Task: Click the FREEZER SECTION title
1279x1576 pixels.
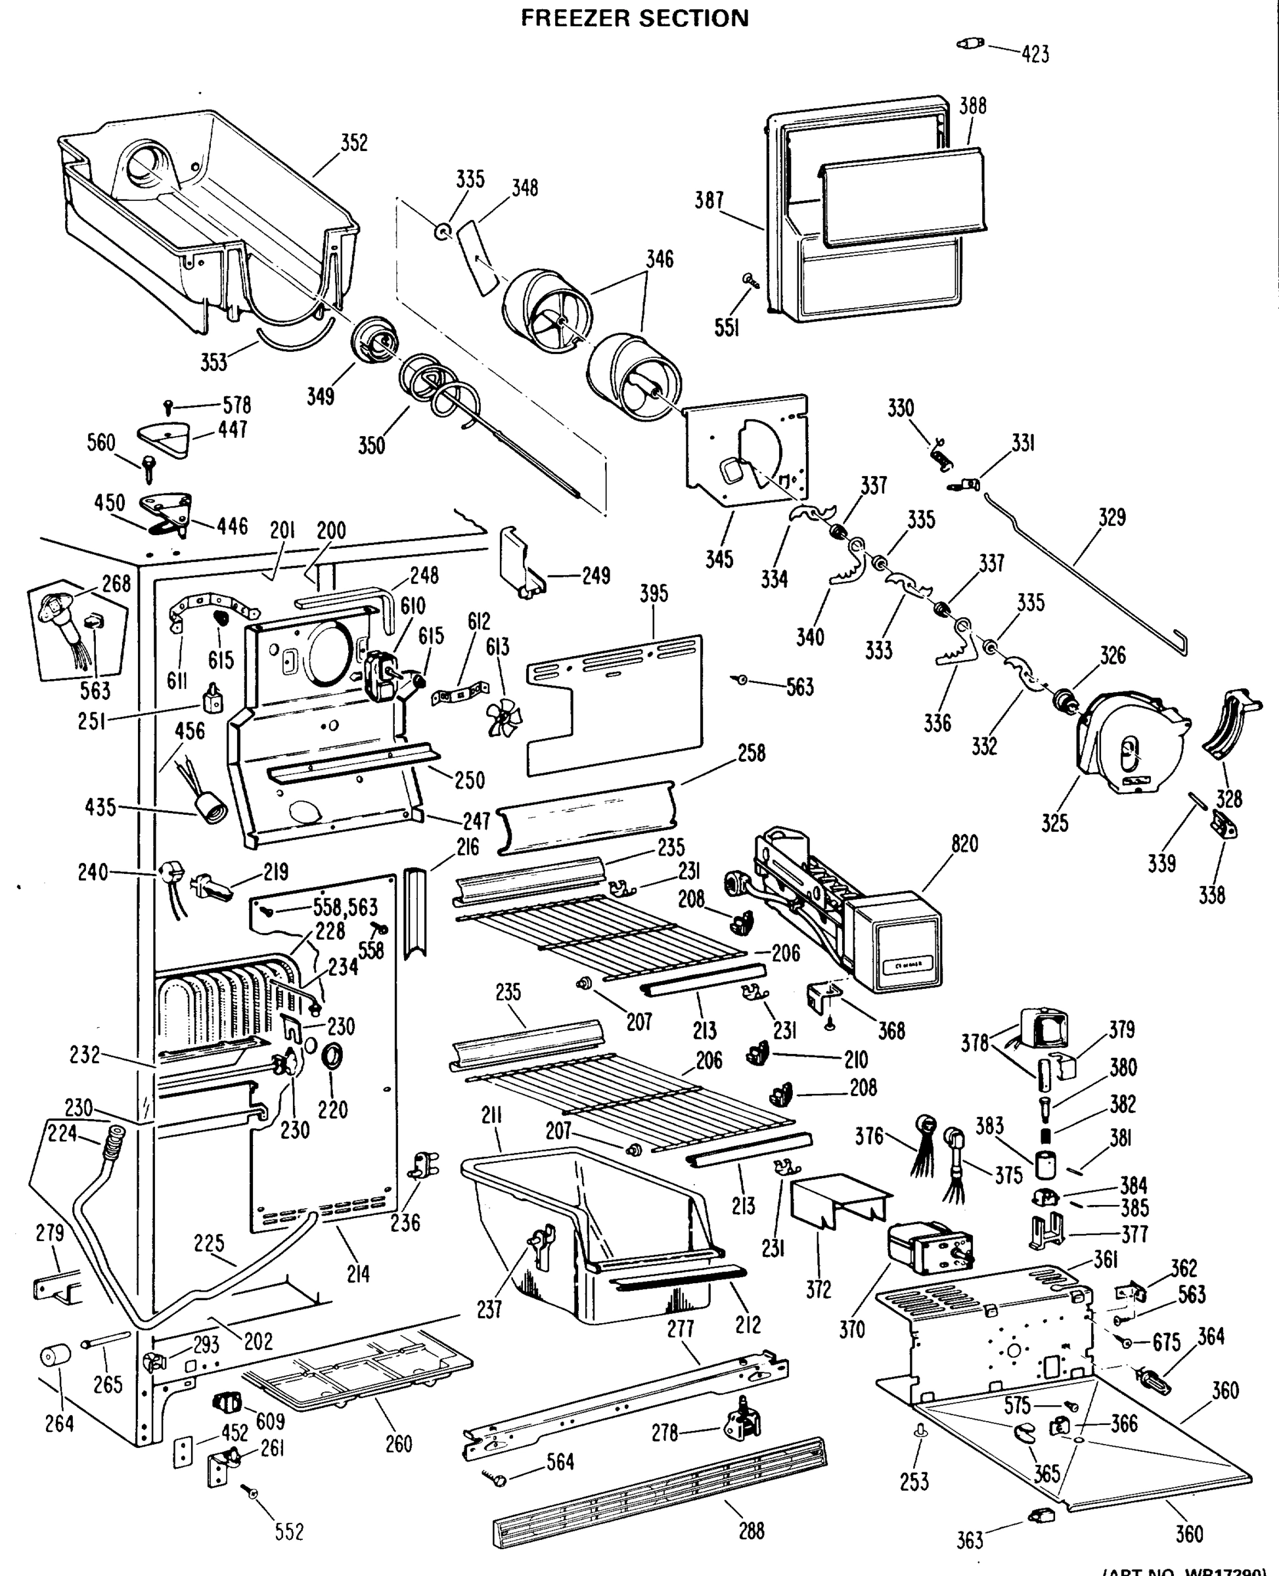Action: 635,18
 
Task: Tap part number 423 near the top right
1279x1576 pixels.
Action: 1035,54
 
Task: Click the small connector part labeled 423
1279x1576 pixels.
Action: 970,44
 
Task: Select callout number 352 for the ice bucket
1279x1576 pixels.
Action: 353,143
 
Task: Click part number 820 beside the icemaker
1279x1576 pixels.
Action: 964,844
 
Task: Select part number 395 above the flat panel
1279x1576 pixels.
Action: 654,594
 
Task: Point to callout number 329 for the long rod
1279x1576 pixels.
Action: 1111,517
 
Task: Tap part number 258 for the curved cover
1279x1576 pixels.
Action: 751,753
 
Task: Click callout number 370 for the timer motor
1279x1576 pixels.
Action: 852,1329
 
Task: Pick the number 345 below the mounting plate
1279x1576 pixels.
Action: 719,559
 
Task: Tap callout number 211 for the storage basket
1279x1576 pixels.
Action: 491,1116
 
